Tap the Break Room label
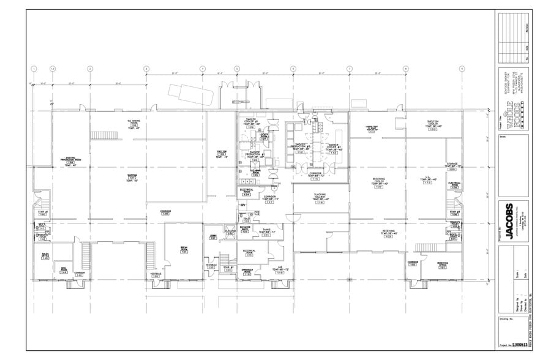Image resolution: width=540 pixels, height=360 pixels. (184, 249)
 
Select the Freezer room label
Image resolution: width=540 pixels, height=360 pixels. (222, 154)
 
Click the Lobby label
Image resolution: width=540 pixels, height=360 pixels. (213, 236)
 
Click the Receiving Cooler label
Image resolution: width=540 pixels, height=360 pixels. (379, 182)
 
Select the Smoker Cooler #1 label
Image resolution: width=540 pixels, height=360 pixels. (250, 122)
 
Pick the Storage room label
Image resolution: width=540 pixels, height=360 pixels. (452, 167)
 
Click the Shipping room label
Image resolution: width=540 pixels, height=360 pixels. (132, 177)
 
